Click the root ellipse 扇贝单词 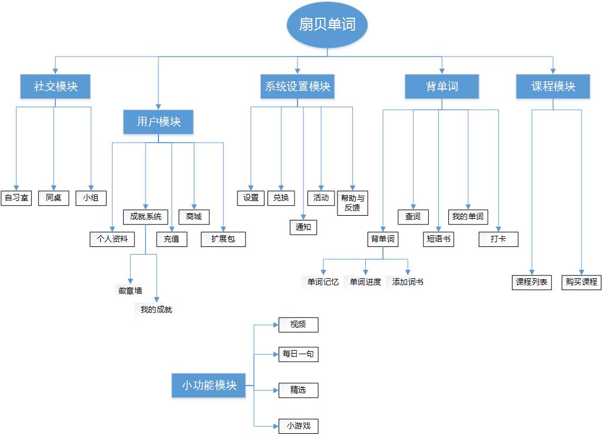[x=328, y=25]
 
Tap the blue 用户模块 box [x=158, y=122]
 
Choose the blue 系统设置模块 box [x=297, y=87]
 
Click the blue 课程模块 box [x=553, y=87]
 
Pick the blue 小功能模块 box [x=209, y=385]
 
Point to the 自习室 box [x=16, y=197]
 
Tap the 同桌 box [x=54, y=197]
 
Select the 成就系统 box [x=145, y=217]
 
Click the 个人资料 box [x=112, y=239]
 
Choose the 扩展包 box [x=223, y=239]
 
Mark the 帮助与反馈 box [x=353, y=203]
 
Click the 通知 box [x=303, y=227]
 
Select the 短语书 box [x=439, y=239]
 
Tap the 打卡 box [x=498, y=239]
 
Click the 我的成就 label [x=156, y=309]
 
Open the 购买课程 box [x=581, y=282]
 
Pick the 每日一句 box [x=299, y=354]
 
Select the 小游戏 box [x=299, y=425]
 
